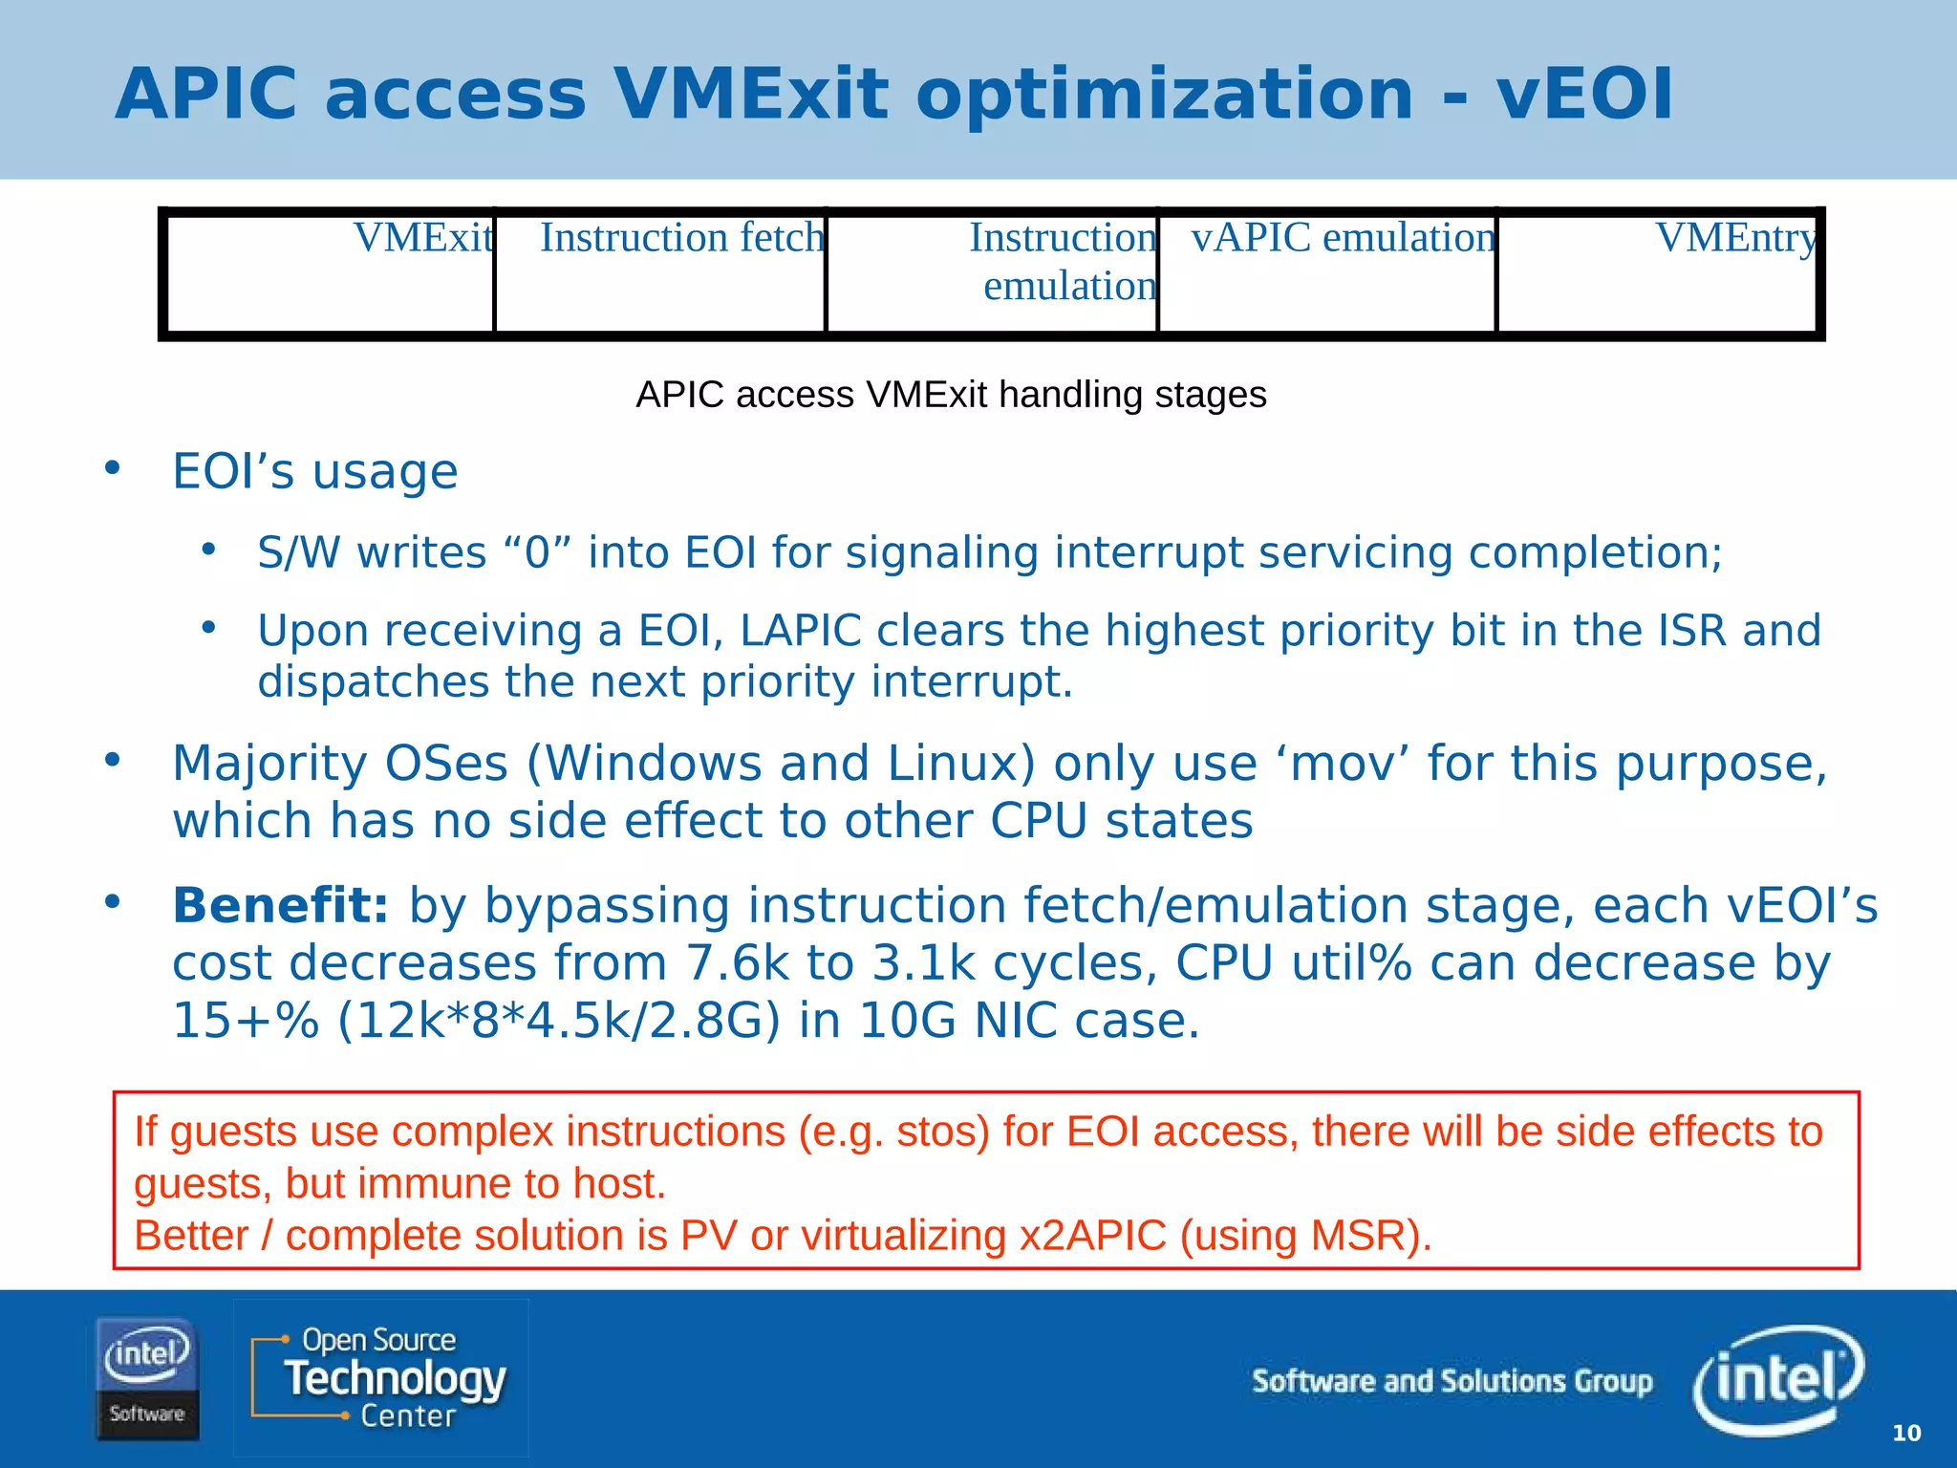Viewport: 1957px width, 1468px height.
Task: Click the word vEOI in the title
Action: point(1584,95)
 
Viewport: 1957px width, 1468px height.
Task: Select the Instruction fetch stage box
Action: point(660,273)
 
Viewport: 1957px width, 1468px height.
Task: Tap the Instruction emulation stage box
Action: point(992,273)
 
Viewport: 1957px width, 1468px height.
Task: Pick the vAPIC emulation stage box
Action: point(1326,273)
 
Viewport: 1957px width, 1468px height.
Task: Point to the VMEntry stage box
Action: point(1657,273)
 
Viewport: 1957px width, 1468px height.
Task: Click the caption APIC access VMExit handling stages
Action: point(951,395)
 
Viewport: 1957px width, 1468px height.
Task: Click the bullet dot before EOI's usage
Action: point(113,467)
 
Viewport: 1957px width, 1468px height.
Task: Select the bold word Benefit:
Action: point(280,905)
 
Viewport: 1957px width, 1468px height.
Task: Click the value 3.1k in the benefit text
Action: point(923,962)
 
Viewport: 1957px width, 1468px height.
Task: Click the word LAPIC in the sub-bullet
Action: point(801,631)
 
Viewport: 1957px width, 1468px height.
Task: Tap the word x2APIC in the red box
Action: point(1092,1235)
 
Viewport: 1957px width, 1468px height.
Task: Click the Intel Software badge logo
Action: point(147,1378)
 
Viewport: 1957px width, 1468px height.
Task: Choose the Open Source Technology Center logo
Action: point(381,1377)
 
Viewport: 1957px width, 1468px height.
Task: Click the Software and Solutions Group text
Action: point(1452,1381)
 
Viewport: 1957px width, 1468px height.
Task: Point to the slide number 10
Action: point(1905,1433)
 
